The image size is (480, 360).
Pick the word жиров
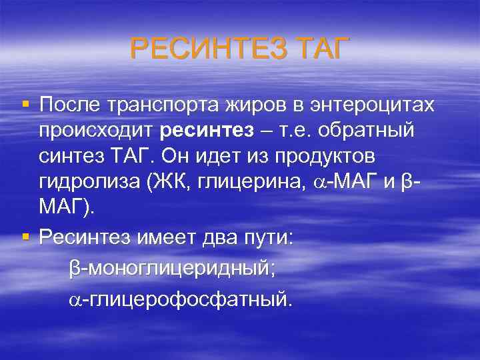pos(258,105)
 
